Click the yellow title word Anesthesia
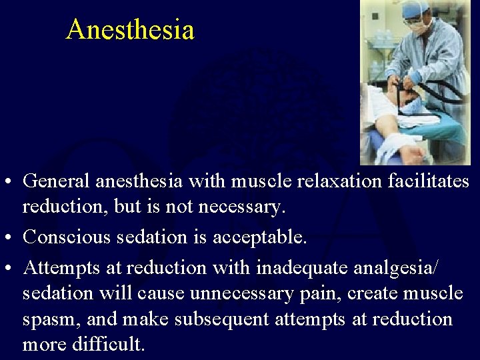pos(130,30)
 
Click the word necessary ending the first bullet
pos(242,207)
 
